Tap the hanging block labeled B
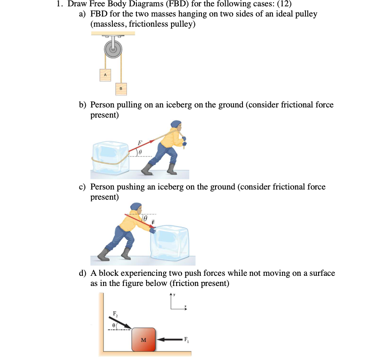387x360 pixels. coord(120,88)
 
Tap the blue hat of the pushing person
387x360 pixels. coord(136,208)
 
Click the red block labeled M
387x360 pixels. coord(144,339)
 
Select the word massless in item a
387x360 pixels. coord(111,24)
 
